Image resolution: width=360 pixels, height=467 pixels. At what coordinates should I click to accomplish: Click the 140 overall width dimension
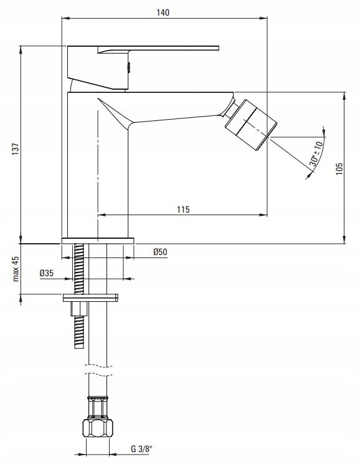coord(163,12)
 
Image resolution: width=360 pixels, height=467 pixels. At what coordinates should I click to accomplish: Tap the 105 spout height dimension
coord(339,169)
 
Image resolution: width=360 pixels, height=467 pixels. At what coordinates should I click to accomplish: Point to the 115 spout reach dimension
coord(183,209)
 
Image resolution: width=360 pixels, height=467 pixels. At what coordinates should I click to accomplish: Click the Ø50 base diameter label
coord(160,252)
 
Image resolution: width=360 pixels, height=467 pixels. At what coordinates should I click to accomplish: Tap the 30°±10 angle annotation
coord(316,153)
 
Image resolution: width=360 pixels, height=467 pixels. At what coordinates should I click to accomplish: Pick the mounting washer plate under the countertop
coord(90,296)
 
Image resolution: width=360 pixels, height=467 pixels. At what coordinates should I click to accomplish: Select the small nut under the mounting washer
coord(78,309)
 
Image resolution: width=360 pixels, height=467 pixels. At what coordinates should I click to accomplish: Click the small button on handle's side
coord(128,65)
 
